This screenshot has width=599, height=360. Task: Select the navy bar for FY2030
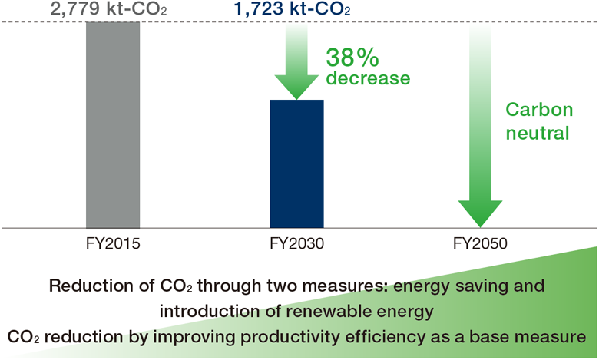[x=296, y=163]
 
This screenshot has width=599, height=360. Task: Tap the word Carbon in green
[x=537, y=110]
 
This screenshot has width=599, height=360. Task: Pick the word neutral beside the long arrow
[x=537, y=132]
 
